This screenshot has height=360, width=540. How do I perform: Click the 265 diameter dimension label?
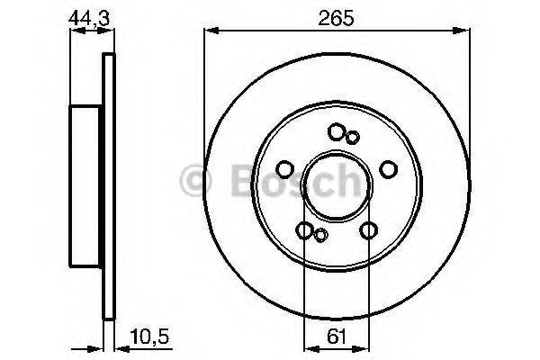337,16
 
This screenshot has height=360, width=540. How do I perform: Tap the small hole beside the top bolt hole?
353,137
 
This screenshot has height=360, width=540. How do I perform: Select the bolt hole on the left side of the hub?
284,170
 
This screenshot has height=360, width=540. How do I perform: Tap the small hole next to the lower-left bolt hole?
320,236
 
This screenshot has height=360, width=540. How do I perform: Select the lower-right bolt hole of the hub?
368,231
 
